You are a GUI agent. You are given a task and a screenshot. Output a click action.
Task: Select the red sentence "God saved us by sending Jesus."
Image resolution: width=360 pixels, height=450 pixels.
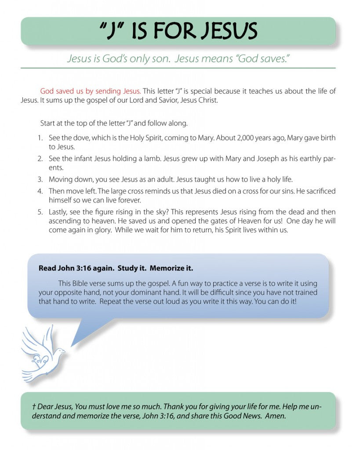point(91,91)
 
